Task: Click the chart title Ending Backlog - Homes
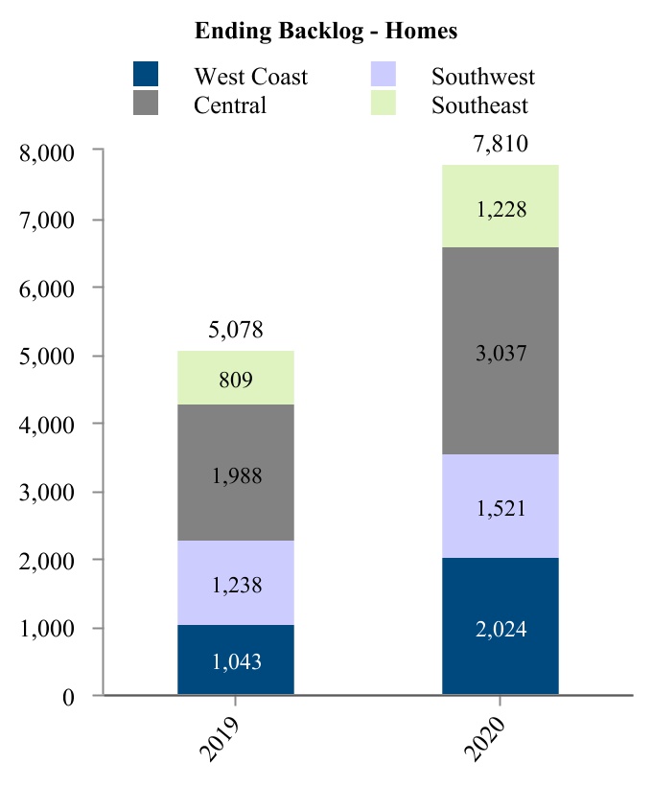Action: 326,31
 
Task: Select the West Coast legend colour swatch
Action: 145,75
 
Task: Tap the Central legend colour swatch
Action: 145,103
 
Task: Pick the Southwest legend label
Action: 482,77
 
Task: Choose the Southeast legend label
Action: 479,104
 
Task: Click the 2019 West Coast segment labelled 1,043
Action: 235,659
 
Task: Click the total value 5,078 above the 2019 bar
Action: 235,332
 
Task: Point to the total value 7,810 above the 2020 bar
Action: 500,146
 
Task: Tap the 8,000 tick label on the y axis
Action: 47,151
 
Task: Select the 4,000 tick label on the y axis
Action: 47,425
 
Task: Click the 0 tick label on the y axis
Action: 67,697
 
